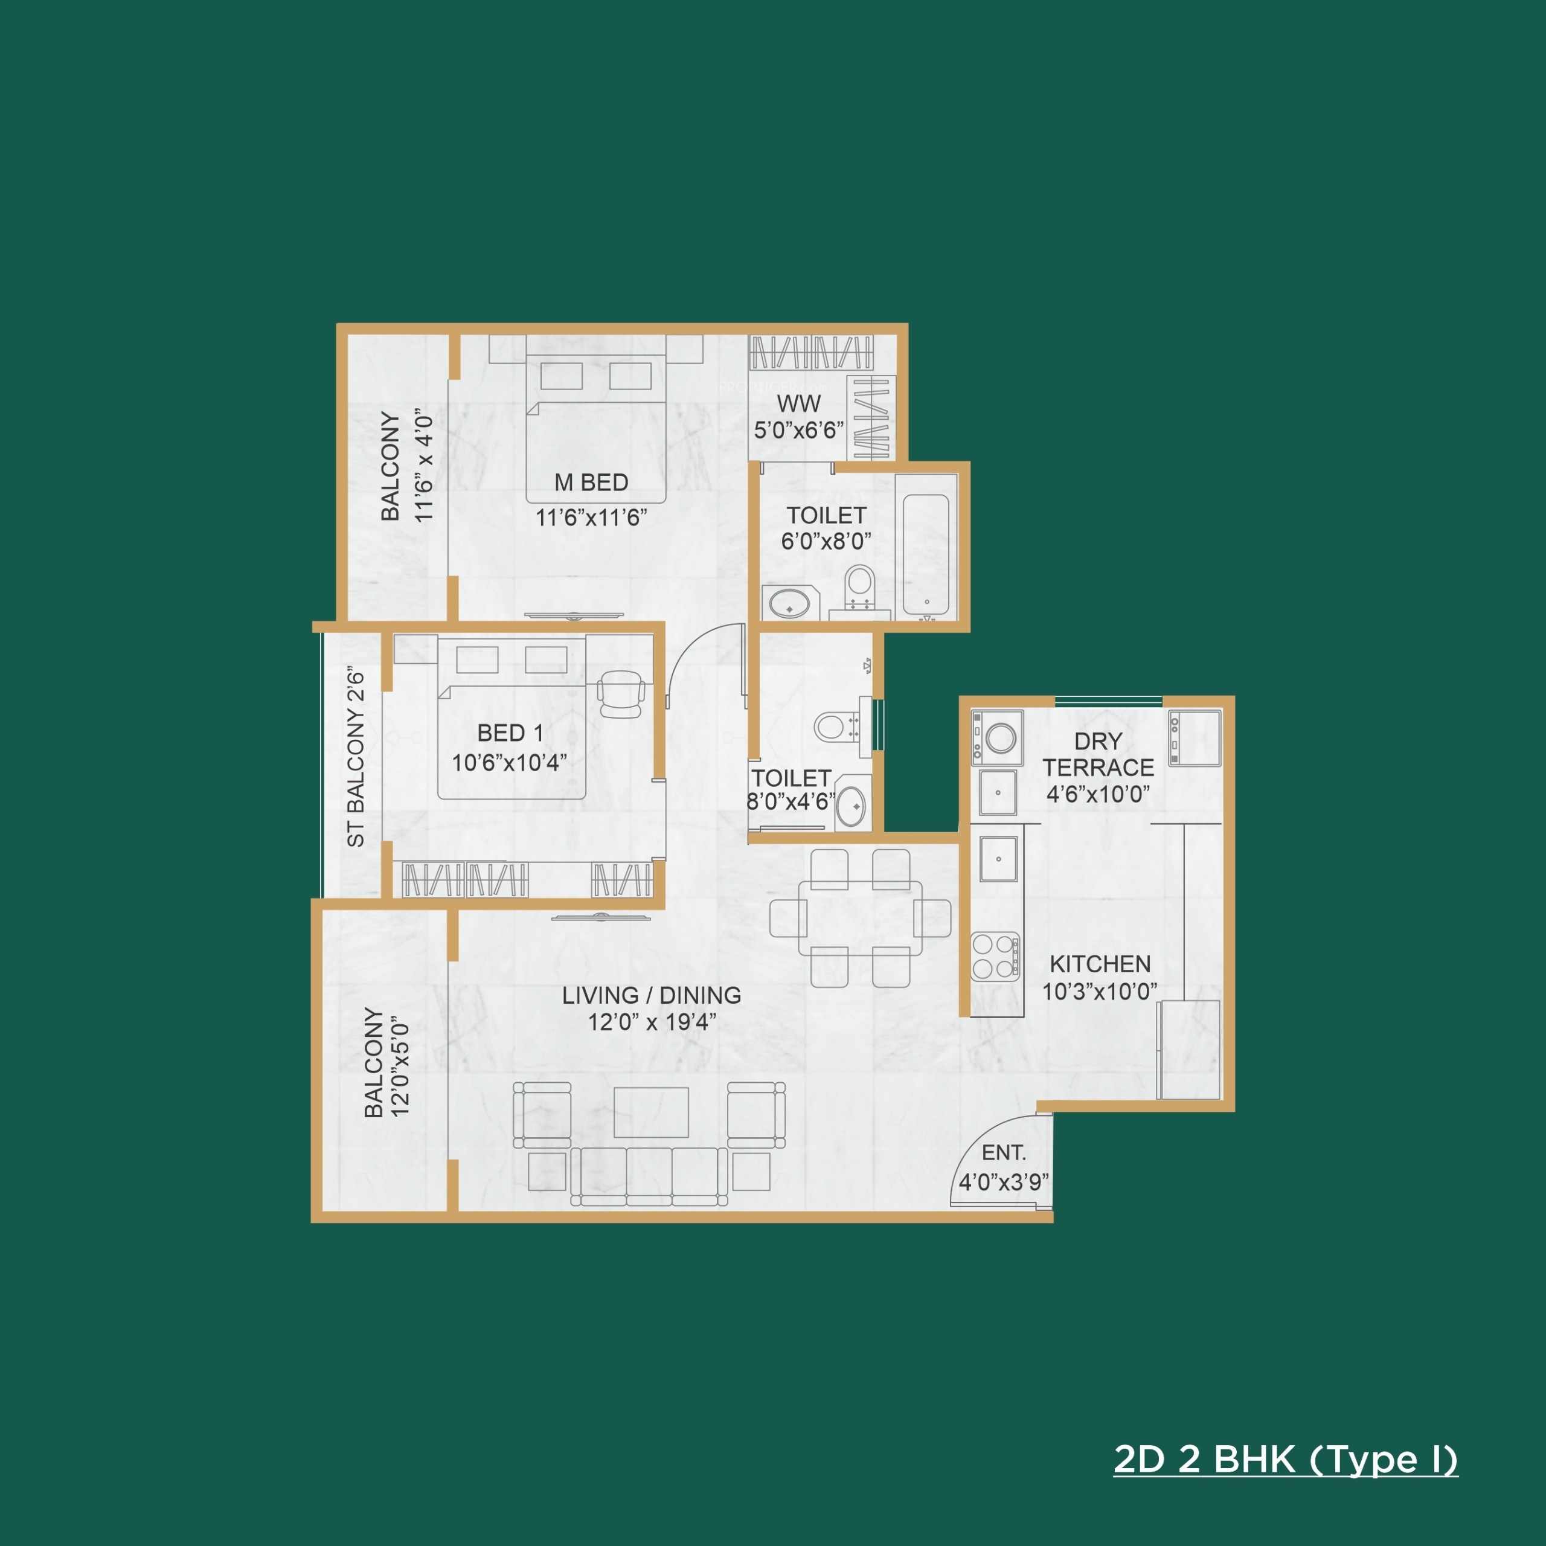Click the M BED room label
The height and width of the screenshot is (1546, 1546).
click(x=591, y=483)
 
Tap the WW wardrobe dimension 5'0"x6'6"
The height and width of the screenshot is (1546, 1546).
click(x=798, y=431)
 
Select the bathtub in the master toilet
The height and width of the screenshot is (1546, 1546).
click(x=926, y=554)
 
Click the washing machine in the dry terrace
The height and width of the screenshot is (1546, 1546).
click(x=996, y=736)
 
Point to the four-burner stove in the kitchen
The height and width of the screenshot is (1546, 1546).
click(x=995, y=956)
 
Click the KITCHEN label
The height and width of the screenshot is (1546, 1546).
click(x=1100, y=964)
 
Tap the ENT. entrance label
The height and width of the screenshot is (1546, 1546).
click(x=1004, y=1152)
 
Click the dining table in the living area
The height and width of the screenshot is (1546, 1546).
click(x=860, y=918)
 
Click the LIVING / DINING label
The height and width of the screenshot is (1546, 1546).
click(x=652, y=995)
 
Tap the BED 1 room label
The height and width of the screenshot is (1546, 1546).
click(x=510, y=733)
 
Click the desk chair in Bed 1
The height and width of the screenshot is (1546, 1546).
click(x=621, y=693)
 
